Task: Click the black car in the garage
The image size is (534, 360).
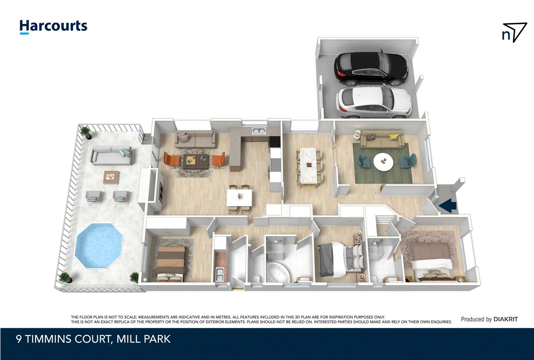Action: pyautogui.click(x=371, y=68)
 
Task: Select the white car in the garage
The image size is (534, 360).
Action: pyautogui.click(x=373, y=102)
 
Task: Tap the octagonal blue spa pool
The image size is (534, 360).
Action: pyautogui.click(x=99, y=246)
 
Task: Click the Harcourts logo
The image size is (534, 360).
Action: pyautogui.click(x=53, y=26)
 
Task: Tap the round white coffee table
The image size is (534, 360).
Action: pyautogui.click(x=383, y=162)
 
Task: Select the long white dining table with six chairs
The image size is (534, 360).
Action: pyautogui.click(x=308, y=165)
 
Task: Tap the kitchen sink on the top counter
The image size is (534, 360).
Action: pyautogui.click(x=259, y=131)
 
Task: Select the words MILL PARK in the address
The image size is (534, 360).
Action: pyautogui.click(x=144, y=339)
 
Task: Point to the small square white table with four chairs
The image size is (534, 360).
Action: pyautogui.click(x=239, y=198)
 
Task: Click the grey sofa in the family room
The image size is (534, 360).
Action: pyautogui.click(x=195, y=139)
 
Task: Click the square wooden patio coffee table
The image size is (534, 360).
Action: pyautogui.click(x=111, y=177)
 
